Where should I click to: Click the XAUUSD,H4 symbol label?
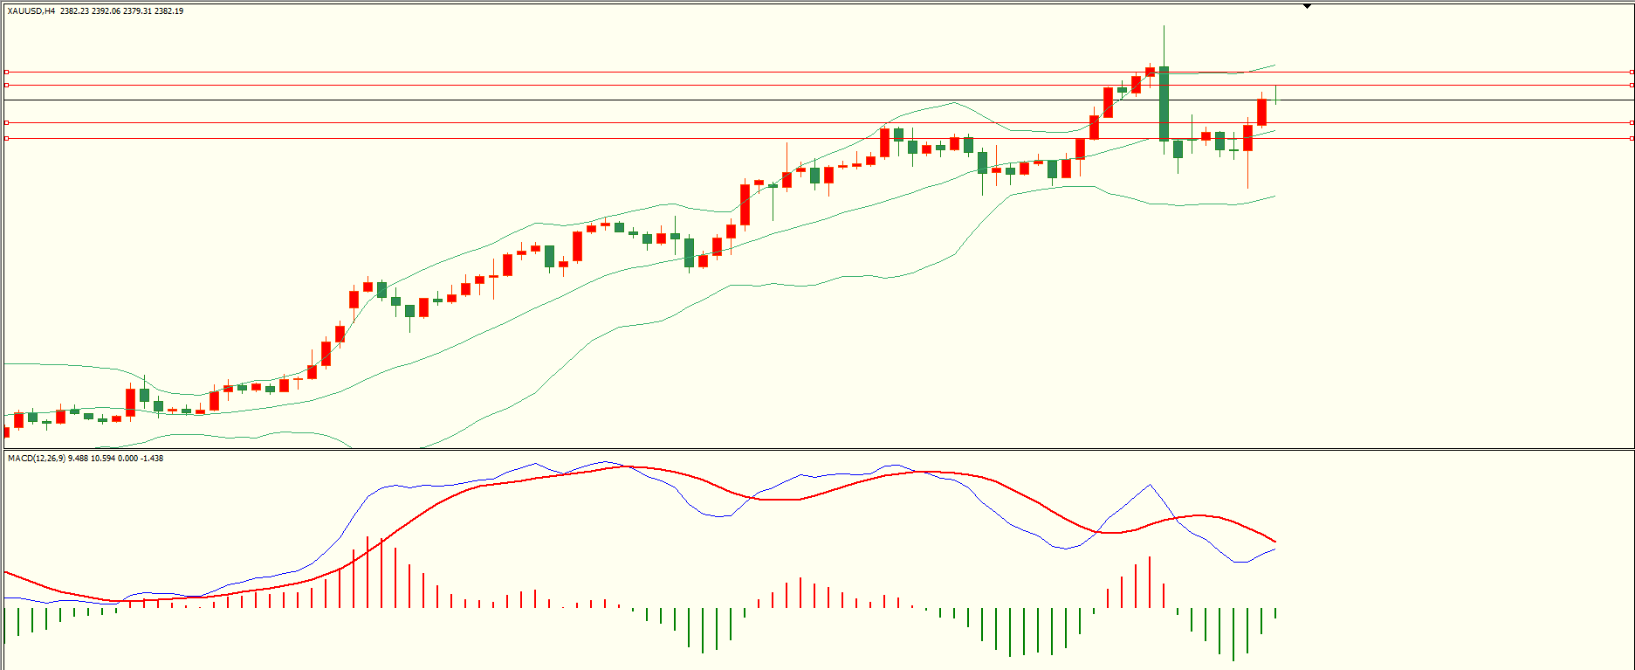tap(31, 11)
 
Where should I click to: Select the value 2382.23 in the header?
tap(74, 11)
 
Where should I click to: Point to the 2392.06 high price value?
tap(106, 11)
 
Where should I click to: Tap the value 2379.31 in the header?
tap(138, 11)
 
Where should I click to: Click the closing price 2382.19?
tap(169, 11)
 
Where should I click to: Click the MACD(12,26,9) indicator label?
tap(36, 459)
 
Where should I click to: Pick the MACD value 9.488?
tap(78, 459)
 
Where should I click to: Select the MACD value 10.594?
tap(103, 459)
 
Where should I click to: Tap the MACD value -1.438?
tap(153, 459)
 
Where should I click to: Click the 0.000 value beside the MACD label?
tap(128, 459)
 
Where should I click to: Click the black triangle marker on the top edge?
tap(1307, 6)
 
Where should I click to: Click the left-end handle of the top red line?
tap(6, 72)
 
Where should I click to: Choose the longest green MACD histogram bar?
tap(1233, 634)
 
